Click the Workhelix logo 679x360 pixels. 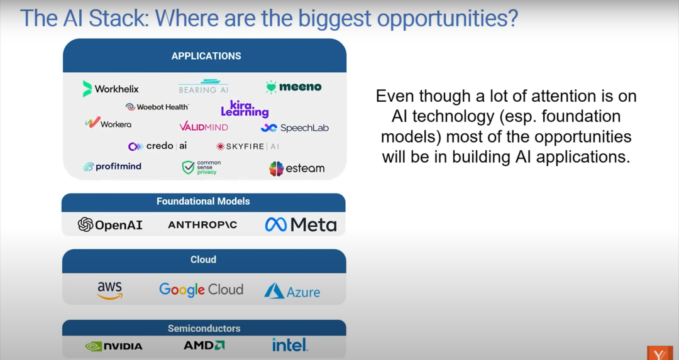tap(111, 89)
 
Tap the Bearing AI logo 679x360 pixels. tap(204, 86)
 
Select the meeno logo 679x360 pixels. tap(294, 87)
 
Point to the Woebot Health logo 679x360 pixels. tap(157, 107)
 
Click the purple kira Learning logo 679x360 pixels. tap(245, 109)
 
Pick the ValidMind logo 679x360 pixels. tap(204, 127)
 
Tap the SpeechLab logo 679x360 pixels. tap(294, 128)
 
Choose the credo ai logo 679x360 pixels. tap(158, 146)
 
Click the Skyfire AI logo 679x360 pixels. tap(247, 146)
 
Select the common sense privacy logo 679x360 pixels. tap(201, 168)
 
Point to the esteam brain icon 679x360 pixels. tap(276, 169)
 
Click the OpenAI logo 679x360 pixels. tap(110, 224)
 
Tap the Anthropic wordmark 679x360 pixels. tap(202, 224)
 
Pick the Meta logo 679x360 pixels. tap(301, 224)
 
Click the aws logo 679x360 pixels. tap(110, 290)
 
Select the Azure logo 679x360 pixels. tap(292, 291)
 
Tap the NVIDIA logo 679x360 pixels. tap(114, 346)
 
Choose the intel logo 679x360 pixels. tap(290, 345)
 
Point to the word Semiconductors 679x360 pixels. tap(204, 329)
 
